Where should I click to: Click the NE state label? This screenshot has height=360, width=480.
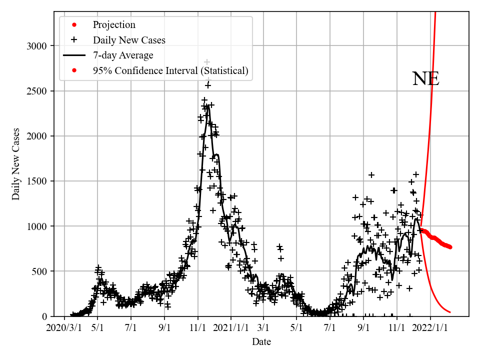425,79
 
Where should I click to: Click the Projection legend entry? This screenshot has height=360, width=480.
114,25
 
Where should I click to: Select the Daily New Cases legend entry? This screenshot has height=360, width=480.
129,40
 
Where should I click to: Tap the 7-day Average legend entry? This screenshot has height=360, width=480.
123,55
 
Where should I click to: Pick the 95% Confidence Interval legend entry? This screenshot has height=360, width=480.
170,70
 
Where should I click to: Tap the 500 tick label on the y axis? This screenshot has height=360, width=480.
38,271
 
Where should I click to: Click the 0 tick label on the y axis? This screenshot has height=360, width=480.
43,316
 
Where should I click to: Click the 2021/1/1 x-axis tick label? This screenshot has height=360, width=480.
231,328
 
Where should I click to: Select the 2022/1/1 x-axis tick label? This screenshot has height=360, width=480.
430,328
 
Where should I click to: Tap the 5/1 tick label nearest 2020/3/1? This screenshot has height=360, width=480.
97,328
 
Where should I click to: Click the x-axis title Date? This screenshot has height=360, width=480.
261,342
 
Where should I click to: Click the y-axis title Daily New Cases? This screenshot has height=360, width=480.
16,164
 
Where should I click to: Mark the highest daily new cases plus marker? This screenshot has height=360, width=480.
207,62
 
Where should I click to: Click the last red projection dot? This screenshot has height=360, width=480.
450,247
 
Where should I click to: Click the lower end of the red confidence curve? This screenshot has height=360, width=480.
450,312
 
